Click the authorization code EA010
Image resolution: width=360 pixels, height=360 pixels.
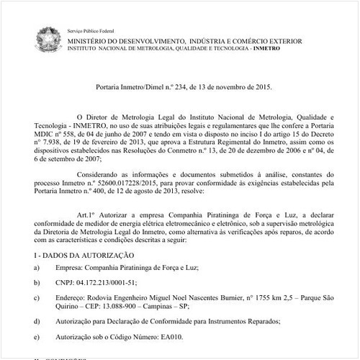coord(174,336)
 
